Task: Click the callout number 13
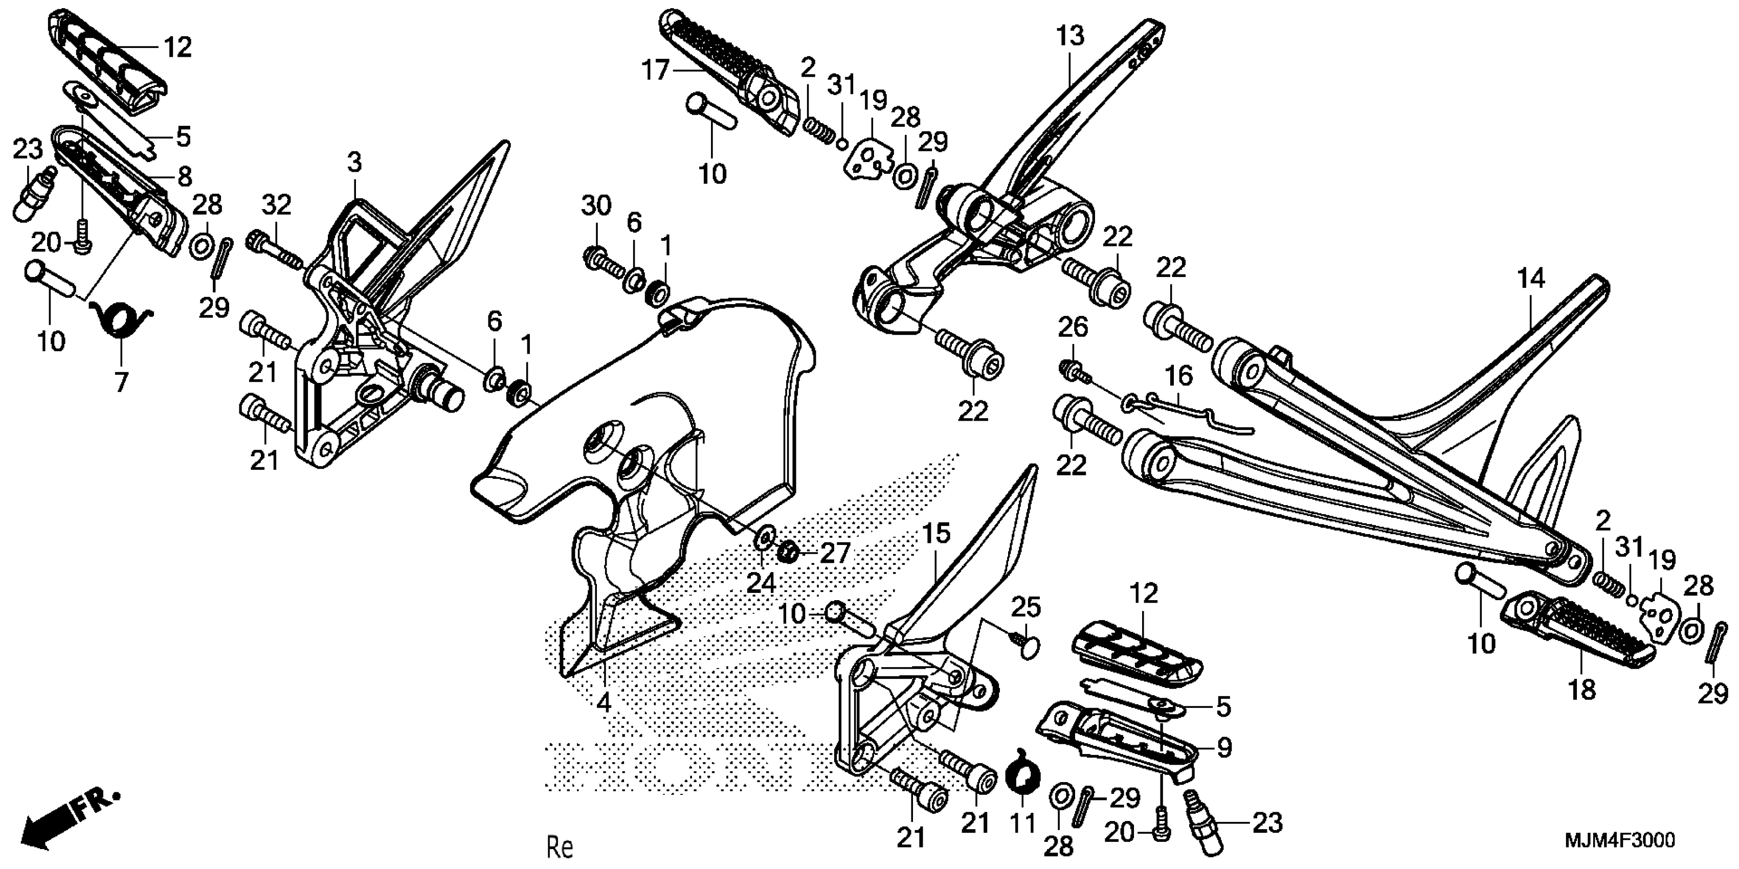coord(1071,35)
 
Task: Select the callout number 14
coord(1531,278)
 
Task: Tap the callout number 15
coord(937,534)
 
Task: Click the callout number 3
coord(354,163)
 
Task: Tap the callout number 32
coord(276,204)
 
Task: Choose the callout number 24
coord(761,582)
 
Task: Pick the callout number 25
coord(1025,607)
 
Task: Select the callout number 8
coord(184,177)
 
